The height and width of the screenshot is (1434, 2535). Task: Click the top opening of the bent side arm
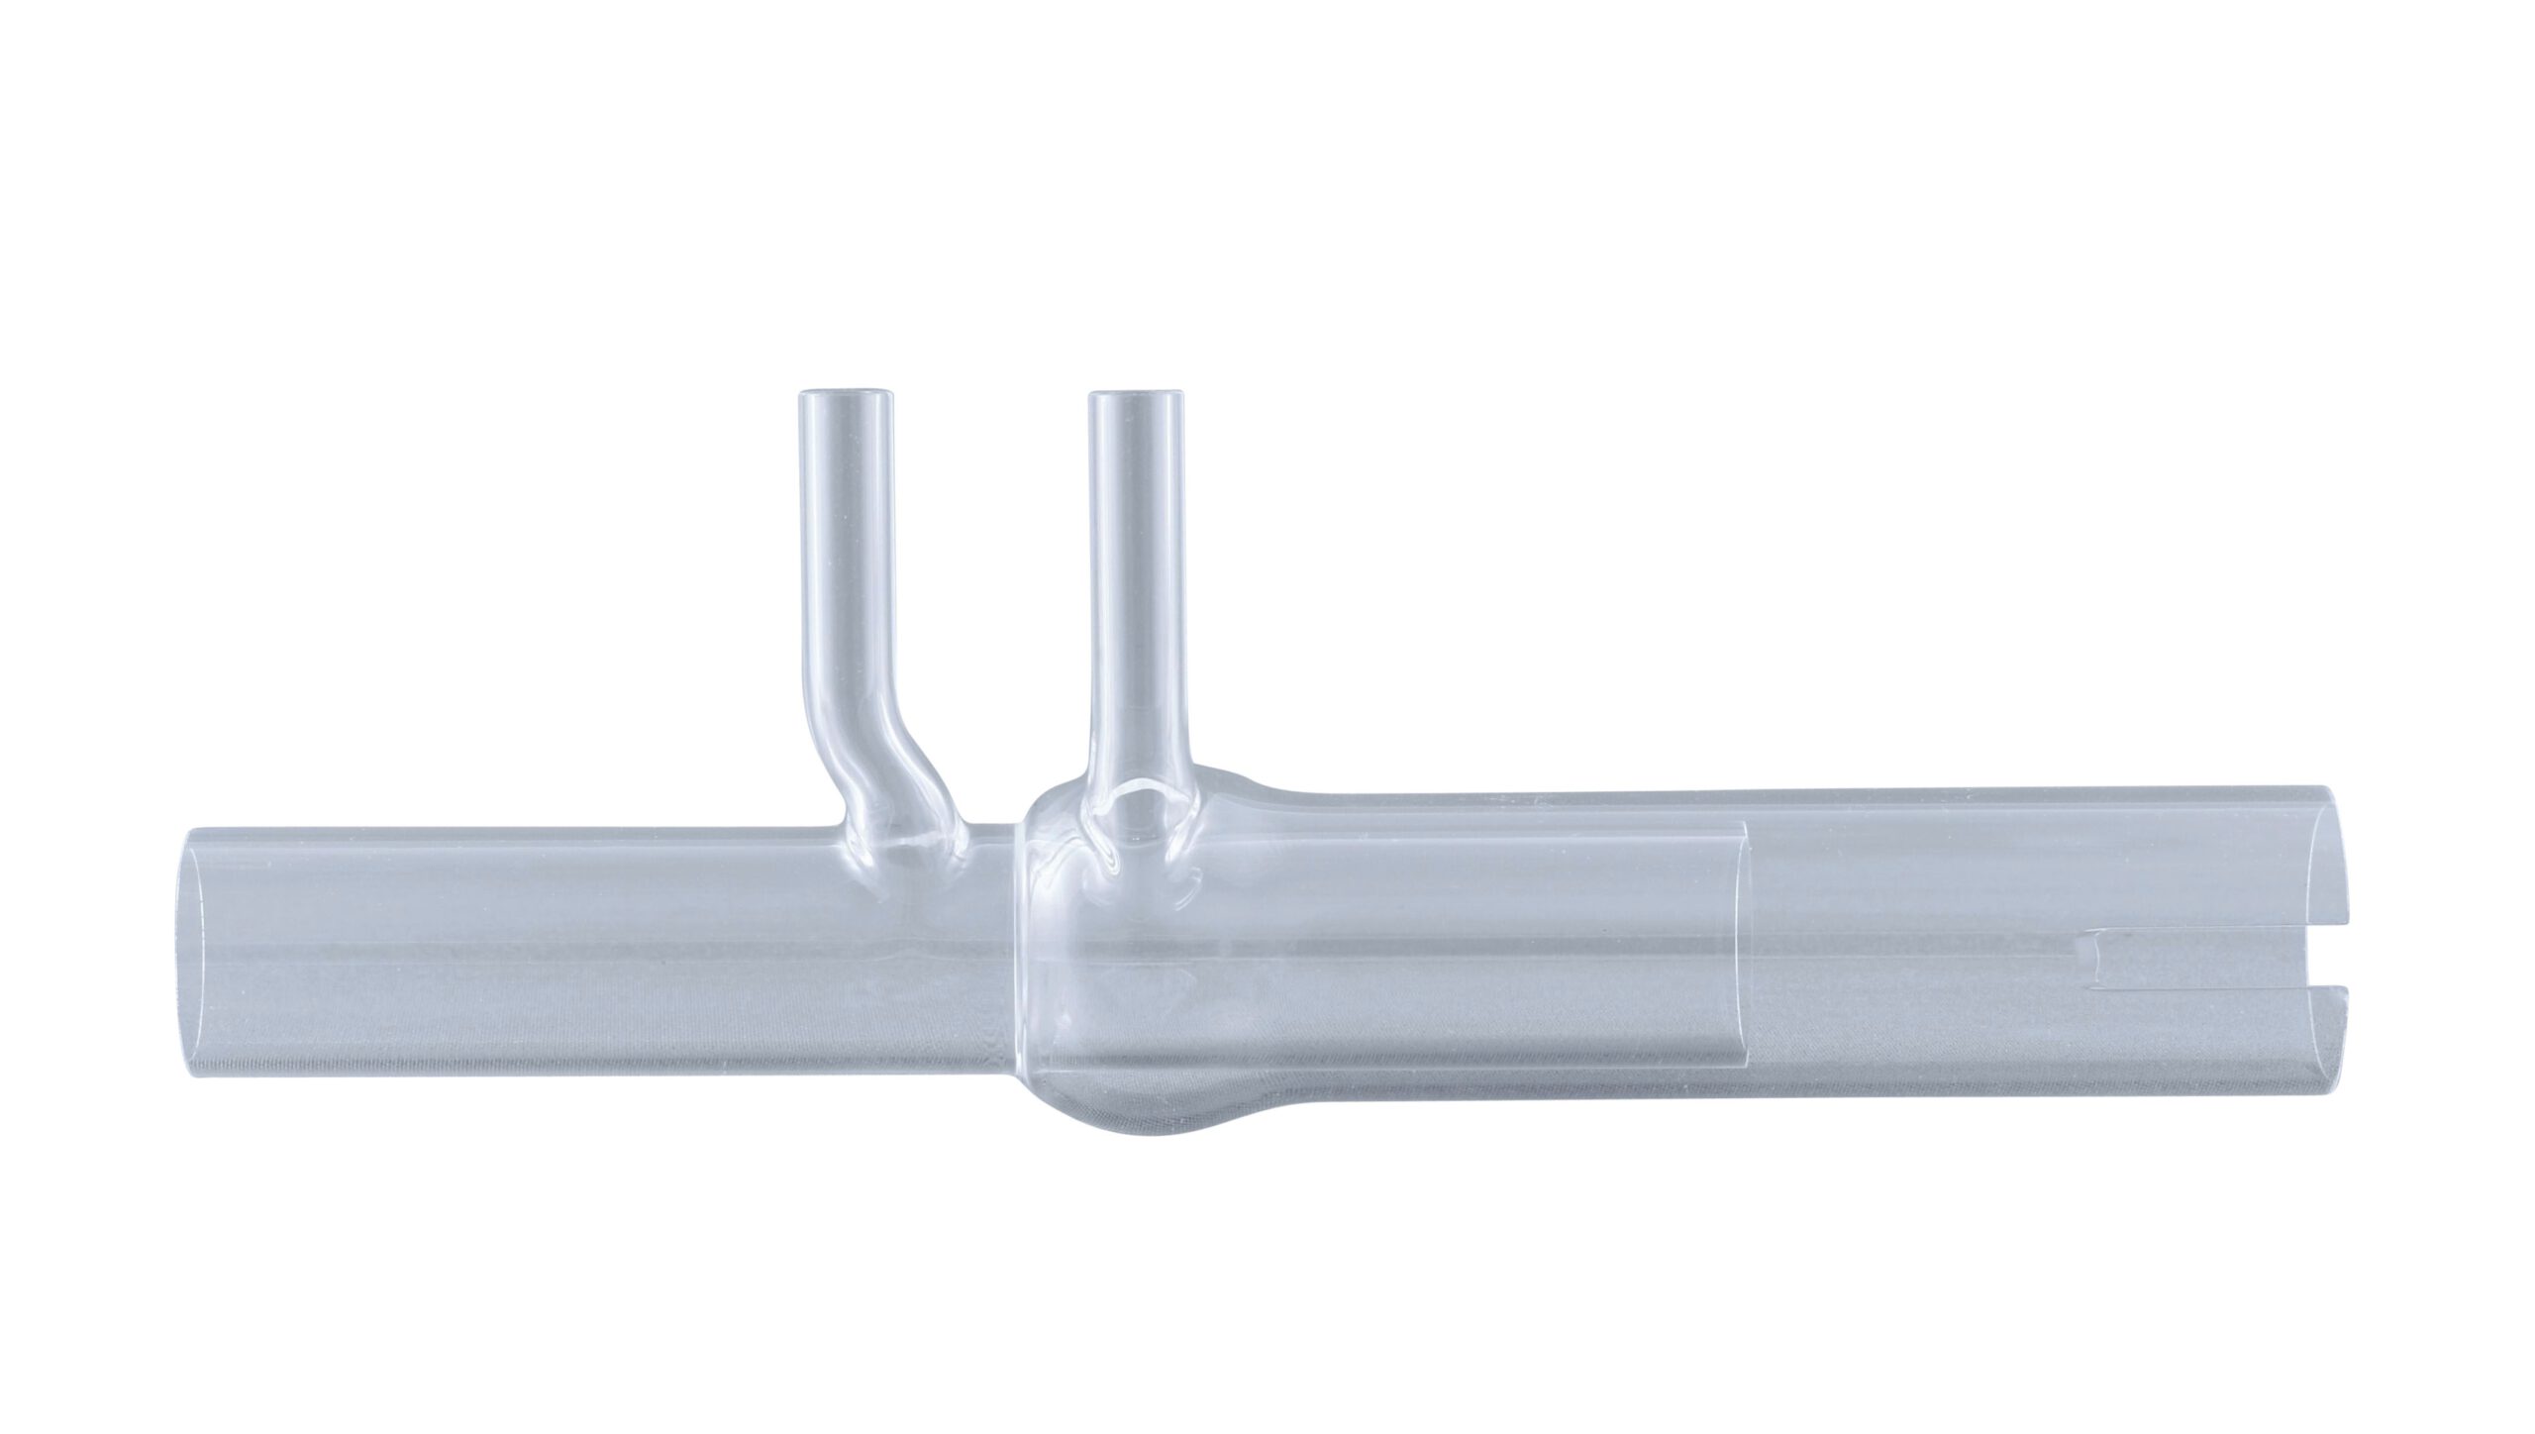point(847,396)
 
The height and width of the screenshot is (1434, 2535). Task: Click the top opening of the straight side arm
point(1136,398)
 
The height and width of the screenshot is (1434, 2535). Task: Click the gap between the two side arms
point(990,594)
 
